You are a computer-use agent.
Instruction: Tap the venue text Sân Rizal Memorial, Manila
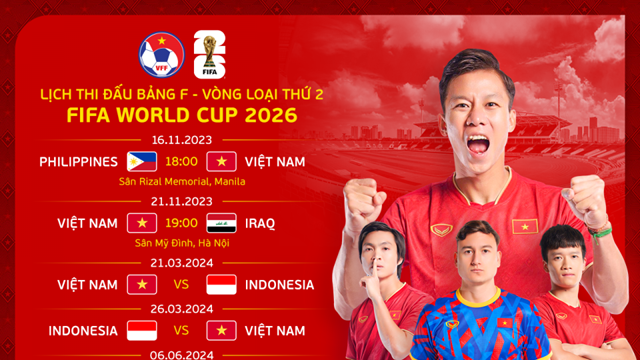tap(182, 181)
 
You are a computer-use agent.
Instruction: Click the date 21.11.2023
tap(181, 202)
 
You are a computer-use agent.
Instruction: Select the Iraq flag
tap(221, 223)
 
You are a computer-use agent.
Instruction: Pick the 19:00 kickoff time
tap(182, 223)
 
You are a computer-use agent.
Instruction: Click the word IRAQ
tap(259, 223)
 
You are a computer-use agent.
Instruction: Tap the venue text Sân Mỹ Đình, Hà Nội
tap(182, 243)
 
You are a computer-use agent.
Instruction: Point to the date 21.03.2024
tap(181, 263)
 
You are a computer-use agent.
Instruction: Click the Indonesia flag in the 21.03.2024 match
tap(221, 285)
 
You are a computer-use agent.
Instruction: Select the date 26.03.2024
tap(181, 308)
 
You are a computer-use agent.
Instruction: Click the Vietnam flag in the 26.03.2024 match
tap(221, 330)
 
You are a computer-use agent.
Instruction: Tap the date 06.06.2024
tap(181, 352)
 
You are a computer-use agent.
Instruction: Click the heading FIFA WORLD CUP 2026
tap(181, 114)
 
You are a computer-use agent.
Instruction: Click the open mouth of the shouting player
tap(479, 144)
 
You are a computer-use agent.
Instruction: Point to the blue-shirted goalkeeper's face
tap(478, 254)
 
